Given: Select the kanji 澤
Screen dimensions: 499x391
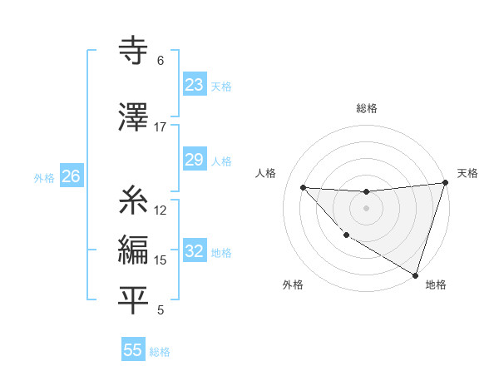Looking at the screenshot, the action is [133, 119].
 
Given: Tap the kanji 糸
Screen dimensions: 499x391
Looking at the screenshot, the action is [133, 201].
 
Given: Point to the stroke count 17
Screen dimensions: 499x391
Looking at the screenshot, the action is [161, 127].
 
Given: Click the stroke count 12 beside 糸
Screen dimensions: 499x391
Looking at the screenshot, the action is [161, 210].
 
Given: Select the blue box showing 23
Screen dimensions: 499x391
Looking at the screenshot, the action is [195, 85].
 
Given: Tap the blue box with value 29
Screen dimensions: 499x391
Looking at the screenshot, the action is [195, 161].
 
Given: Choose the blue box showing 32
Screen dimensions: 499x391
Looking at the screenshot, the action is [195, 252].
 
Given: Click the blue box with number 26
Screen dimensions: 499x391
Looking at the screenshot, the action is [71, 176].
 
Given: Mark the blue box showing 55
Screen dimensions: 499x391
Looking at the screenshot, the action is [133, 350].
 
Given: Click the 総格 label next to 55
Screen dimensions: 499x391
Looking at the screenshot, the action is [160, 352].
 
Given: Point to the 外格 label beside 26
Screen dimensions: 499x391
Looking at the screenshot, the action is [44, 178].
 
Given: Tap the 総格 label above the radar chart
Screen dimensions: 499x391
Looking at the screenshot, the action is [366, 108].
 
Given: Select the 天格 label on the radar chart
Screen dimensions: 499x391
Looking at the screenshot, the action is [467, 173].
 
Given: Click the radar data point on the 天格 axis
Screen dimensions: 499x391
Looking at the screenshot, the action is [446, 183].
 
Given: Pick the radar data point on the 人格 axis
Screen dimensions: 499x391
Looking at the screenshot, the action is [303, 187].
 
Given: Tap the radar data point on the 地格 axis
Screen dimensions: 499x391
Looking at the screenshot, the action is [415, 274].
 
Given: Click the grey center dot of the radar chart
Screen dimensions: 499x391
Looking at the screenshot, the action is [366, 208].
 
